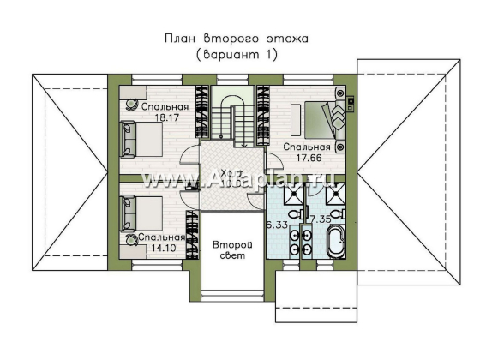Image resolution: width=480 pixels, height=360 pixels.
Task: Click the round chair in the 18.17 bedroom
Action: pyautogui.click(x=133, y=103)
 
